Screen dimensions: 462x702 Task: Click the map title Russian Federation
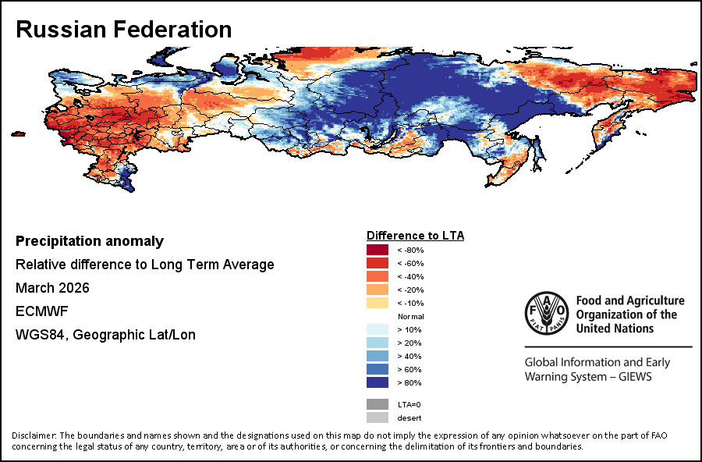(124, 30)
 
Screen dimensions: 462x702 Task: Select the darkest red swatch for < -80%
(378, 250)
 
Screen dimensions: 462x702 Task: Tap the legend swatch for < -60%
(378, 263)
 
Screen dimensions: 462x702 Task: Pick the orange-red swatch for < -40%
(378, 276)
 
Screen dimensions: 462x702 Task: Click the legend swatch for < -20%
(378, 290)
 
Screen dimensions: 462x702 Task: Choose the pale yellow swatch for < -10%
(378, 303)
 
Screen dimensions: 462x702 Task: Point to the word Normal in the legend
(410, 316)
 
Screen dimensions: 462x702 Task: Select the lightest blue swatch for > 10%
(378, 329)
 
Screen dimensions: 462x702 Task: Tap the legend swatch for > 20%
(378, 343)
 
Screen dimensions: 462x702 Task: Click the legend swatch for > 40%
(378, 356)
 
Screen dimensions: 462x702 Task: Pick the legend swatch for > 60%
(378, 369)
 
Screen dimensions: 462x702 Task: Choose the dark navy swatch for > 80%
(378, 382)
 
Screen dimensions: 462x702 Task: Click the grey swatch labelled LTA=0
(378, 404)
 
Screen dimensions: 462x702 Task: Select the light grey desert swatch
(378, 418)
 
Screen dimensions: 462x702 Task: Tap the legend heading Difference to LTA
(415, 235)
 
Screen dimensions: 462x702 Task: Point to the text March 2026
(52, 288)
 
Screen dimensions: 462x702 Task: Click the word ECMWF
(41, 311)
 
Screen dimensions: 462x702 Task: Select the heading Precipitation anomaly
(90, 241)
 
